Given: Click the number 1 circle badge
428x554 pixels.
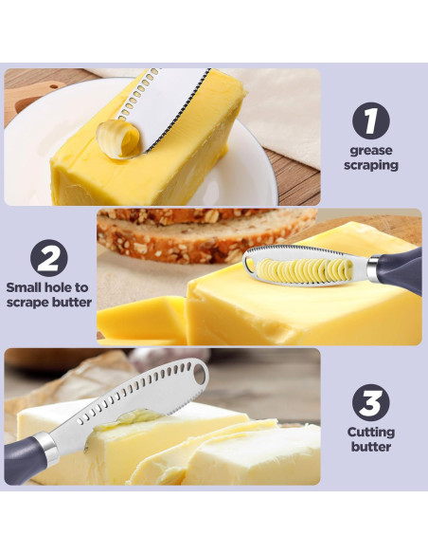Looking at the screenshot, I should tap(372, 121).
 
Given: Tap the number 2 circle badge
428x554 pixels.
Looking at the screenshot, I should tap(48, 256).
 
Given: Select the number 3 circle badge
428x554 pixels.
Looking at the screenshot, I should tap(370, 402).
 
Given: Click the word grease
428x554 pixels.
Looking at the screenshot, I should tap(372, 150).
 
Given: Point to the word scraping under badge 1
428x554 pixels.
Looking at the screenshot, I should tap(372, 165).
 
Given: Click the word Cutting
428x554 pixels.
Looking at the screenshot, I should tap(370, 432).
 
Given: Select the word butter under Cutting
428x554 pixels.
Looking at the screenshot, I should tap(370, 447).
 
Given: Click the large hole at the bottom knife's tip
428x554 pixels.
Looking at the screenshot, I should tap(200, 376).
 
